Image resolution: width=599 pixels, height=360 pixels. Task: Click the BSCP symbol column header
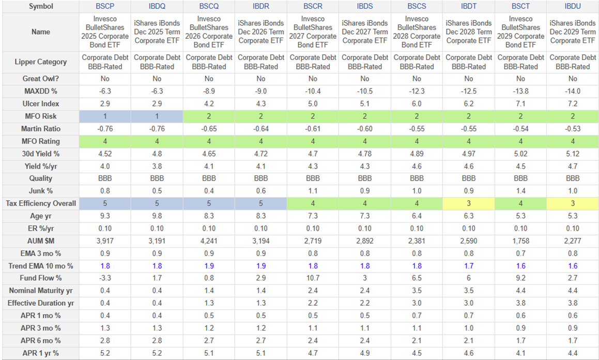point(105,7)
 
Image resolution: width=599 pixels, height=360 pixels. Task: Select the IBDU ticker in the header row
point(572,7)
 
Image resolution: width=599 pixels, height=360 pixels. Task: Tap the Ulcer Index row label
point(41,104)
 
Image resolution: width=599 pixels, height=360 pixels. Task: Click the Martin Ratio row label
point(41,129)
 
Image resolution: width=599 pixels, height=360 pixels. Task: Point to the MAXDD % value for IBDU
point(572,92)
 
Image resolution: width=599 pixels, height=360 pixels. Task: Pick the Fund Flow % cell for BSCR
point(313,278)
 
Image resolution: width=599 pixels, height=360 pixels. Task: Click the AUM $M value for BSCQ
point(209,241)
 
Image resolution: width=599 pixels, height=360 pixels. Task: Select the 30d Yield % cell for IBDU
point(572,154)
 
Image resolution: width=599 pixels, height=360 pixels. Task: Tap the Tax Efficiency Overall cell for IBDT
point(468,203)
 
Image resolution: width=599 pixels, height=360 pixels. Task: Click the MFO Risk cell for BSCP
point(105,116)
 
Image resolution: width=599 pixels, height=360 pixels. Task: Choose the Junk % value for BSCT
point(520,191)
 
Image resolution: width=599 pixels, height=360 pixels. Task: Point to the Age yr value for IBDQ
point(157,216)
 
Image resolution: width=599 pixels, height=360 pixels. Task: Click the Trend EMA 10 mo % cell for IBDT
point(468,266)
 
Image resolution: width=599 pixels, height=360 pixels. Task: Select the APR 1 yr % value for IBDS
point(365,353)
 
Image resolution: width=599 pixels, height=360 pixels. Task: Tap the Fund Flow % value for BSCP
point(105,278)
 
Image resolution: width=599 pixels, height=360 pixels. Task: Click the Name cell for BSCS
point(417,32)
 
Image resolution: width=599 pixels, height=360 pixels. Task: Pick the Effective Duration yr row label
point(41,303)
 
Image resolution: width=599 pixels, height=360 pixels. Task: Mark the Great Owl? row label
point(41,79)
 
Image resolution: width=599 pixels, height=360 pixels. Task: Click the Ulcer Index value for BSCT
point(520,104)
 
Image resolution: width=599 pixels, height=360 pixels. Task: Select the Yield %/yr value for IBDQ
point(157,166)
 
